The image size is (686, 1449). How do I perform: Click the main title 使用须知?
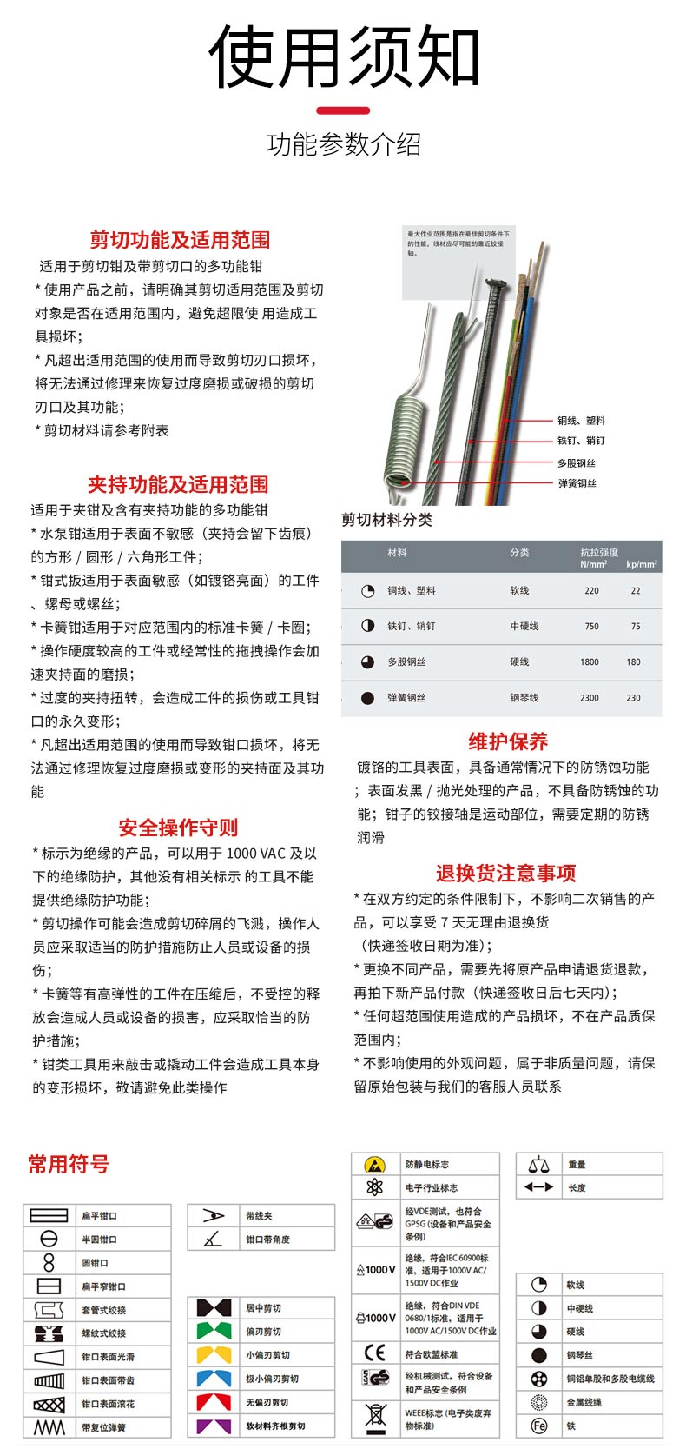pos(343,57)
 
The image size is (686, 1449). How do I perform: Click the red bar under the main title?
pos(343,110)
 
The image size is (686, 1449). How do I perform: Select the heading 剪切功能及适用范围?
pos(180,240)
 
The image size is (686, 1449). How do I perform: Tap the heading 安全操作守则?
pos(178,828)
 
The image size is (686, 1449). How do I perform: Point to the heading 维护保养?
pos(508,741)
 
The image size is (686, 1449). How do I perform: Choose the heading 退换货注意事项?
pos(505,873)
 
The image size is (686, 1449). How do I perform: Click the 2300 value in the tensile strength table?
pos(590,698)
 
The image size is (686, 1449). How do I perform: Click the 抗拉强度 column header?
pos(599,552)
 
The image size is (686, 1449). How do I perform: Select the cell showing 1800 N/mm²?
pos(590,662)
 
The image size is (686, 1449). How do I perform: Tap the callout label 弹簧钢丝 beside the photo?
pos(577,483)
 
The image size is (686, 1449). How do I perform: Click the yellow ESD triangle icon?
pos(374,1164)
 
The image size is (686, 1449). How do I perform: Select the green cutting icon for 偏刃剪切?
pos(214,1331)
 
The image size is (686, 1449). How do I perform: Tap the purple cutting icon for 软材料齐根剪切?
pos(214,1426)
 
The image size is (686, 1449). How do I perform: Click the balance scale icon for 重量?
pos(539,1164)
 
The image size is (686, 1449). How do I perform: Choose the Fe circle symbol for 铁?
pos(539,1426)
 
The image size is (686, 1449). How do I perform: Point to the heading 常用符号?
pos(69,1164)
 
